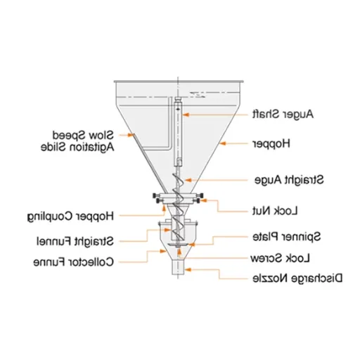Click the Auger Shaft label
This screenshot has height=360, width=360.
pos(283,115)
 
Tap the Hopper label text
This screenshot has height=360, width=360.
pos(271,143)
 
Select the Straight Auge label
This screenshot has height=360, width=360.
pos(289,180)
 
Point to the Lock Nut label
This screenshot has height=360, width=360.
pos(275,211)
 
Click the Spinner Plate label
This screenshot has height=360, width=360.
pos(286,236)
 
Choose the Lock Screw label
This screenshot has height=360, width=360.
pos(280,258)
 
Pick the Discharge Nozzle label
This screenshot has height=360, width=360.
pos(297,278)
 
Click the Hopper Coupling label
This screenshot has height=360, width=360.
pos(70,217)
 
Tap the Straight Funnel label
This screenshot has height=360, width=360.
pos(75,241)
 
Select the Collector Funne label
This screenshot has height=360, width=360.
pos(74,262)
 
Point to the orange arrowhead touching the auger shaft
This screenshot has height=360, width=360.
pos(186,115)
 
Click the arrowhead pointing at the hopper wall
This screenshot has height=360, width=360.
pos(223,143)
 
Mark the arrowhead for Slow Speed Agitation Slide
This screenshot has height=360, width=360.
pos(131,135)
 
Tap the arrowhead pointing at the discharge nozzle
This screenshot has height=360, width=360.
pos(188,270)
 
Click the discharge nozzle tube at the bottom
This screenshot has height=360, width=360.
pos(178,266)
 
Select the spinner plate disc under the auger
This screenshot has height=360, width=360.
pos(178,245)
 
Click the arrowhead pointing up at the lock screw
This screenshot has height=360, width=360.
pos(179,252)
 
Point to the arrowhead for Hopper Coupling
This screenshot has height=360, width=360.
pos(165,209)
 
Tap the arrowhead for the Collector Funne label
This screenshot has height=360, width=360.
pos(163,251)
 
